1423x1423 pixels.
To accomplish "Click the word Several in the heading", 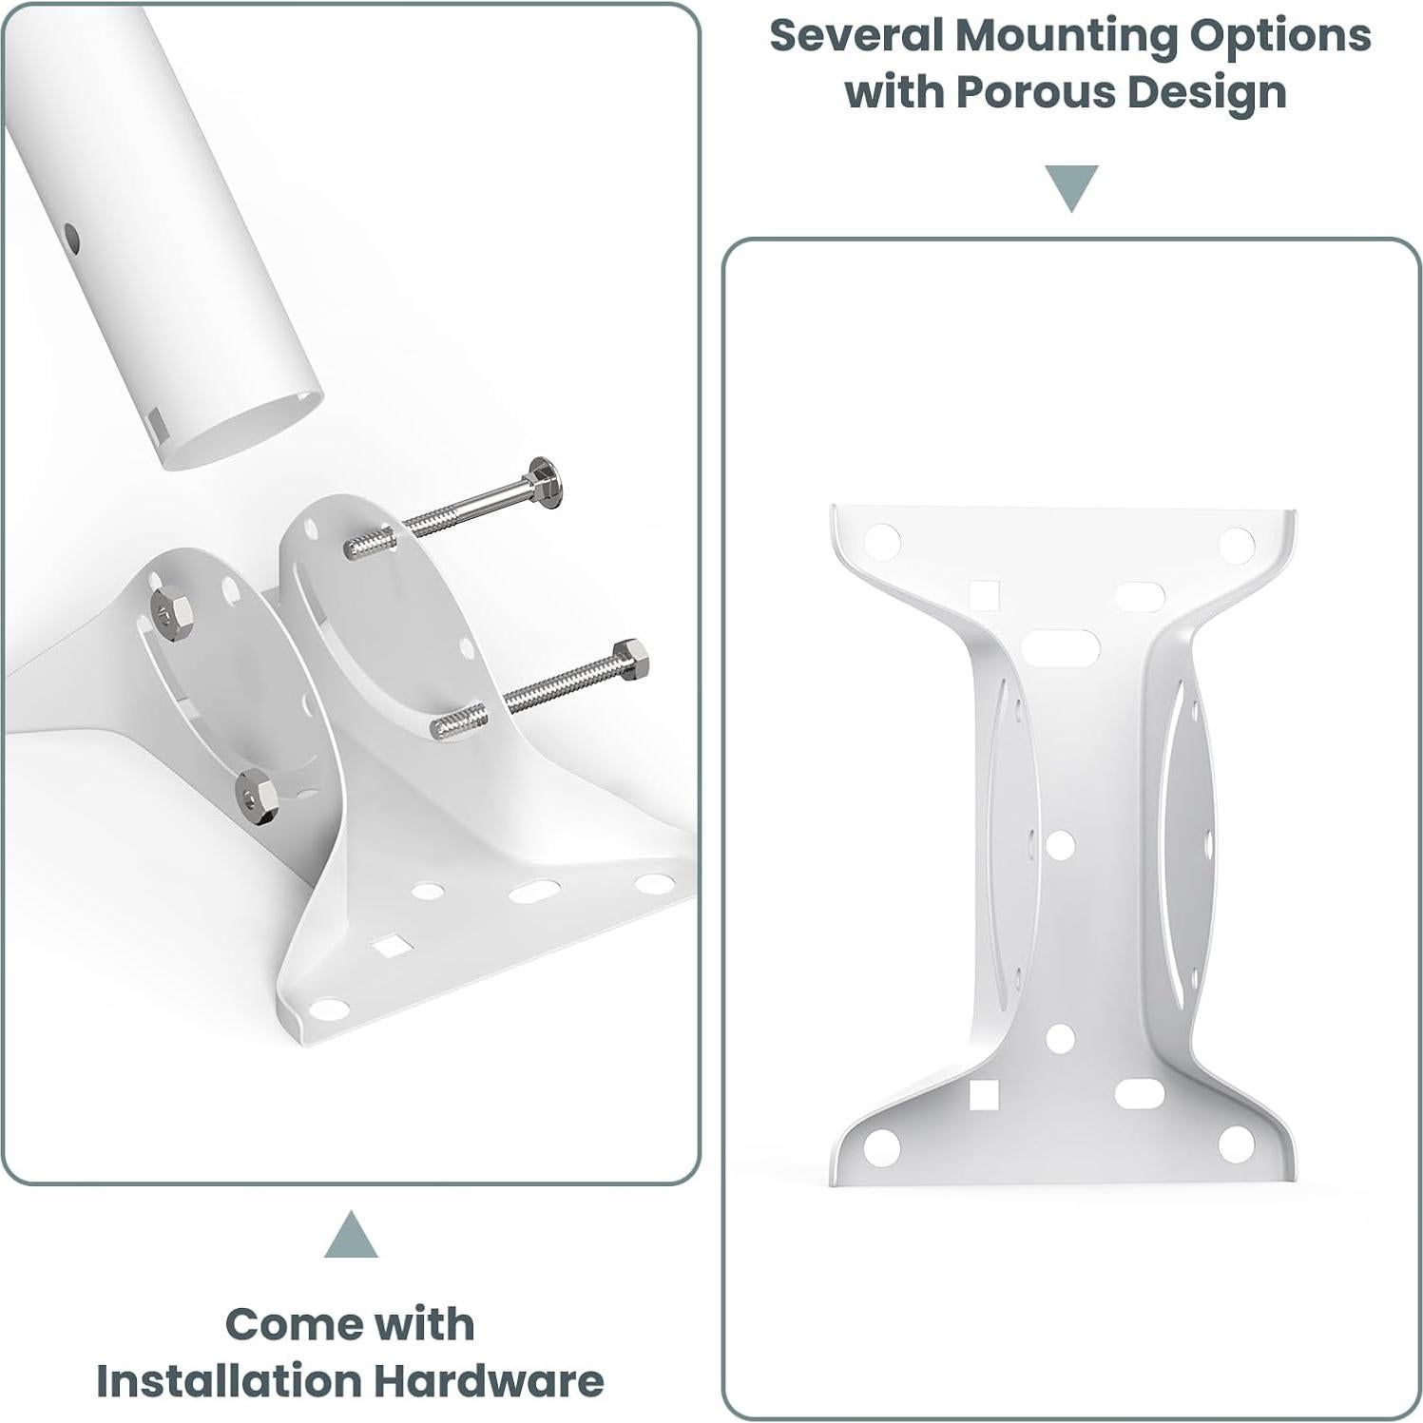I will pyautogui.click(x=855, y=36).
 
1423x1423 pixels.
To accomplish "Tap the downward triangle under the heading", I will pyautogui.click(x=1071, y=186).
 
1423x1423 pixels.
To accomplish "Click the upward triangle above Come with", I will pyautogui.click(x=351, y=1236).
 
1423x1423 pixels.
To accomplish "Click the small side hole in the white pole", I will pyautogui.click(x=70, y=239).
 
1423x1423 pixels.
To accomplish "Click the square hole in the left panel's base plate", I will pyautogui.click(x=392, y=944).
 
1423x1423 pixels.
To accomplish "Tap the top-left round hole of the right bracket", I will pyautogui.click(x=881, y=540).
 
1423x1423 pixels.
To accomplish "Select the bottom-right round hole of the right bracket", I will pyautogui.click(x=1235, y=1144).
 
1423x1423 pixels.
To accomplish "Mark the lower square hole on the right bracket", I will pyautogui.click(x=983, y=1095).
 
